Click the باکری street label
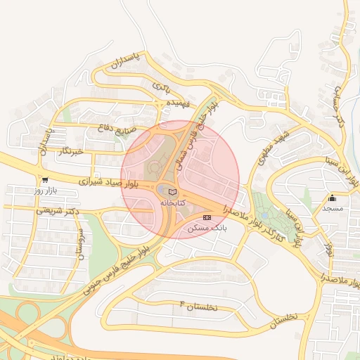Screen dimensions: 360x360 pos(161,86)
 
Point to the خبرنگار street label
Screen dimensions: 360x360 pos(72,151)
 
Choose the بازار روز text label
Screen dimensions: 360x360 pos(50,191)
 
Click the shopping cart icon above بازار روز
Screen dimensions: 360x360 pos(45,180)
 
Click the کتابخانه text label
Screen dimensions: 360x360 pos(173,202)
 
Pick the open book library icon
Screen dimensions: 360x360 pos(173,192)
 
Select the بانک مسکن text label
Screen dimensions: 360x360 pos(207,229)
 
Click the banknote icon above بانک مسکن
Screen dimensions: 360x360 pos(206,218)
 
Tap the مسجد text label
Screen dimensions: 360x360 pos(333,209)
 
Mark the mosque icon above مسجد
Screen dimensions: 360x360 pos(333,198)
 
